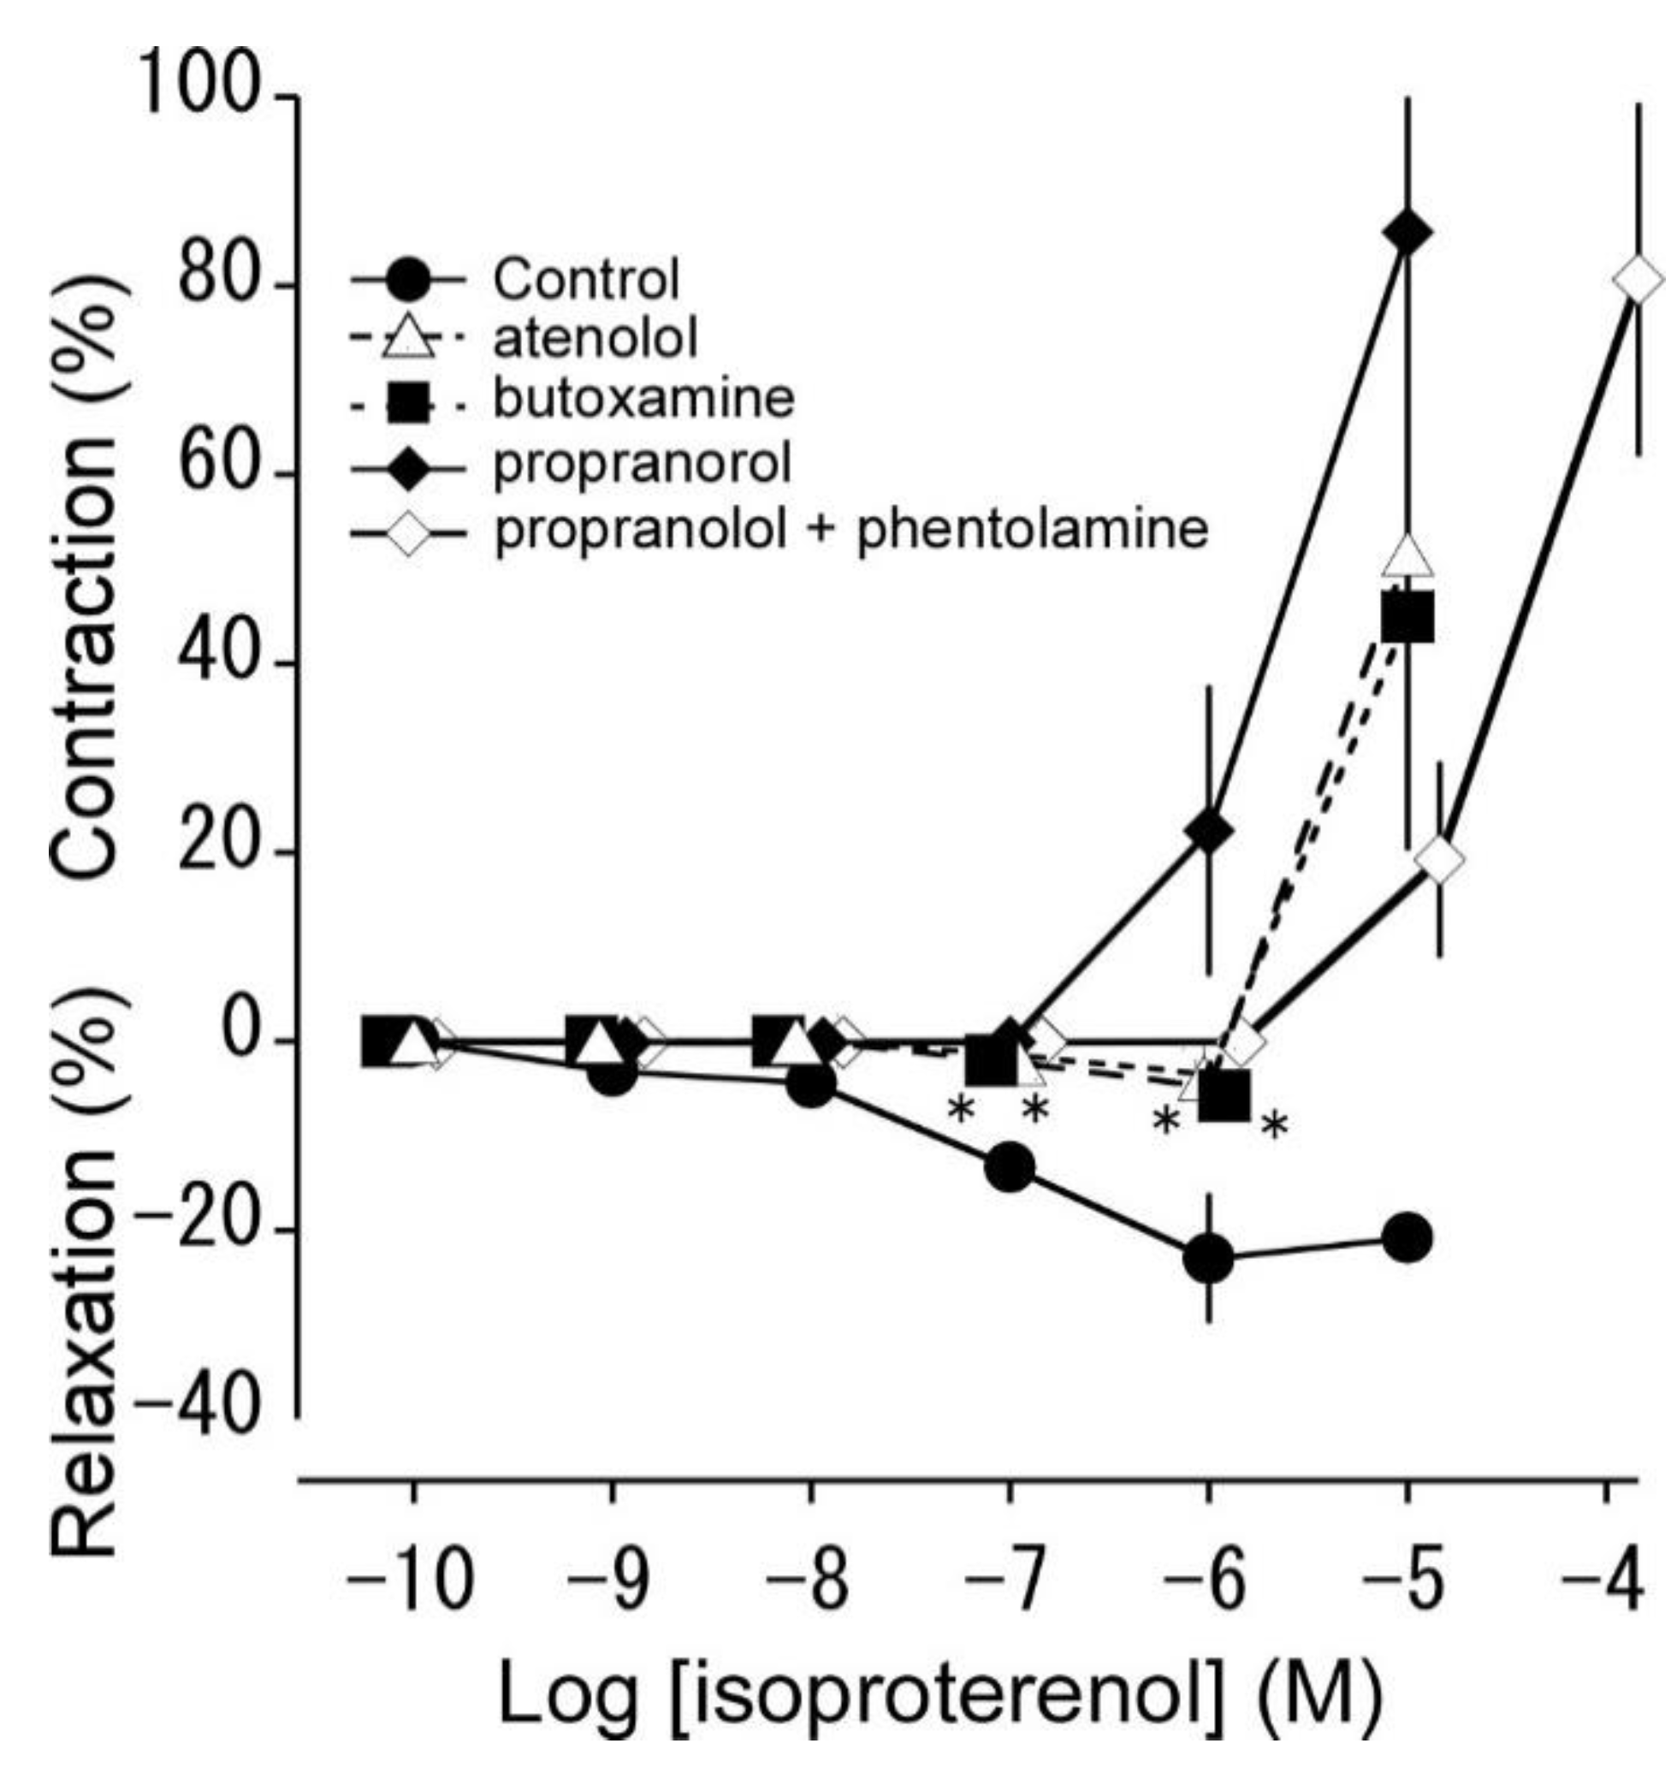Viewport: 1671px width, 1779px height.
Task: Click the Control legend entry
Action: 586,279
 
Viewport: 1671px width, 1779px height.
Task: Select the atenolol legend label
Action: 595,338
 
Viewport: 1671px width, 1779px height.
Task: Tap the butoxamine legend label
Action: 643,399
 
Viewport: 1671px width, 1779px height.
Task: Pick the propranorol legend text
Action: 643,464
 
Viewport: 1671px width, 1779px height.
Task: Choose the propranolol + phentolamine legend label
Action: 850,529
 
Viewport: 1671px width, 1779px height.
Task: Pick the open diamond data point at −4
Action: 1637,280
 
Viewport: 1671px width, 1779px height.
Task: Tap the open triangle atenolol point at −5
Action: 1407,556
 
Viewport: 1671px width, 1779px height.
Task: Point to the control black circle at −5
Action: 1407,1238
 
